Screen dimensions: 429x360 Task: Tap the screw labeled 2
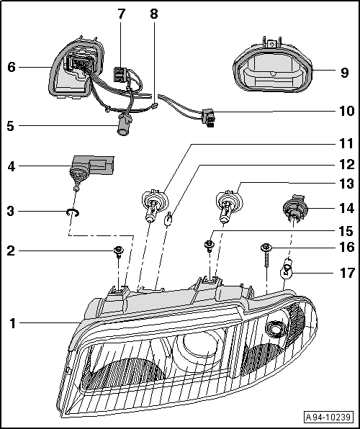118,252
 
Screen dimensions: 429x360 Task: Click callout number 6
12,67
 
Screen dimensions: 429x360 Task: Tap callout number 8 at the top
153,14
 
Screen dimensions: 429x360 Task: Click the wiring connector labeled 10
209,115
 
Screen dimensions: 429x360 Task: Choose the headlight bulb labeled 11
153,203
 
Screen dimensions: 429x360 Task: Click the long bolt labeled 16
266,249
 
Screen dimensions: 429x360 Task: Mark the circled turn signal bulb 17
287,271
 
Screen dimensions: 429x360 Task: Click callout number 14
347,209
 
